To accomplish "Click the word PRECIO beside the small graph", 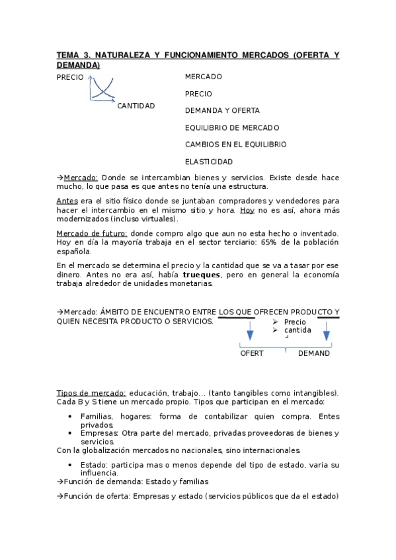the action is [70, 77].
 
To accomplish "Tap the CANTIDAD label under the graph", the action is [136, 106].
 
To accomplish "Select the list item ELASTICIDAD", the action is [209, 162].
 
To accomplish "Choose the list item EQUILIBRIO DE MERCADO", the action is [232, 127].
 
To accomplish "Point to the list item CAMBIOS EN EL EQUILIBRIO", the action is [236, 145].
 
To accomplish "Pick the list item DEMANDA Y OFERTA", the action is [222, 111].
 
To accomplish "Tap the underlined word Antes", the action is [67, 201].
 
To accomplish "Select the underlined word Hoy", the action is [247, 210].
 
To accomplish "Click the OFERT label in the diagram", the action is [251, 353].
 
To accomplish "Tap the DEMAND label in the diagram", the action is [314, 353].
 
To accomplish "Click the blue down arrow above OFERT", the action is [250, 330].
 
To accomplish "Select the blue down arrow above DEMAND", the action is [326, 330].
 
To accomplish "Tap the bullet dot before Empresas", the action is [70, 434].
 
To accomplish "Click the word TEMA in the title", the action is [67, 56].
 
